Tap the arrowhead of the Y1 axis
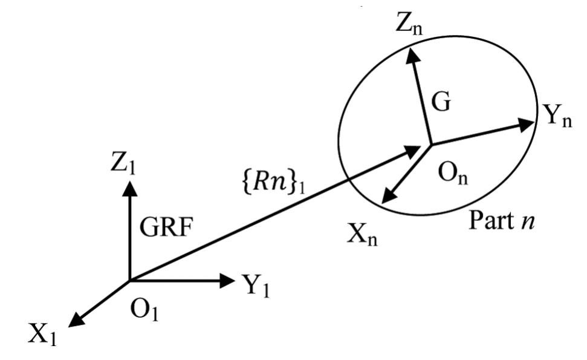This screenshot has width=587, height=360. coord(228,280)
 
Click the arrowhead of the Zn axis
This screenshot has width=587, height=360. coord(413,54)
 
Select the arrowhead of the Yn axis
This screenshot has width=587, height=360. coord(528,122)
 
